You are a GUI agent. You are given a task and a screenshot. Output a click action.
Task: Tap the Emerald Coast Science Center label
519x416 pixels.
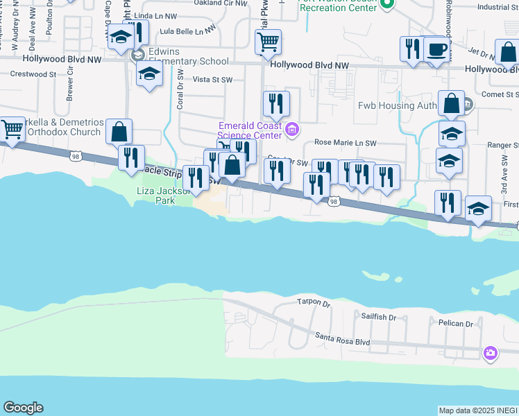[x=250, y=130]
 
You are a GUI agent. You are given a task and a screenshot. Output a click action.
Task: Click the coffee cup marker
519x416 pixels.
[x=436, y=49]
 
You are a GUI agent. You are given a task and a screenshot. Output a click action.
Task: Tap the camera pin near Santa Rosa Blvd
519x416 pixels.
[x=491, y=354]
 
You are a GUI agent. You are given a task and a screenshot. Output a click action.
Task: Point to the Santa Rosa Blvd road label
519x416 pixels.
[x=342, y=340]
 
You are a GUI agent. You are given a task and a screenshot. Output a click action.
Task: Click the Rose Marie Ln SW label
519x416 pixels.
[x=345, y=143]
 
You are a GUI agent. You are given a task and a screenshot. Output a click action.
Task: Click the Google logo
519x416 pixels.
[x=22, y=408]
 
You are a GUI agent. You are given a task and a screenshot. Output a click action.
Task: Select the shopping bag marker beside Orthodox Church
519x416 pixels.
[x=119, y=131]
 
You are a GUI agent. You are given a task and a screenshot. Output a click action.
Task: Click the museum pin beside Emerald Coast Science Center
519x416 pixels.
[x=292, y=129]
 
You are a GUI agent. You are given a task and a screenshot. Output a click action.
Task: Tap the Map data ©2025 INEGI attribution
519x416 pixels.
[x=478, y=410]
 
